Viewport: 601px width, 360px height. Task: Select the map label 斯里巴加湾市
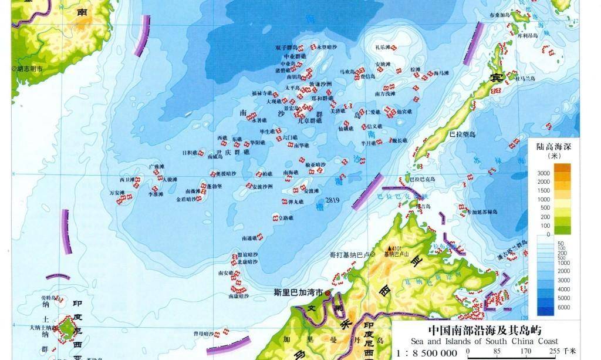[298, 292]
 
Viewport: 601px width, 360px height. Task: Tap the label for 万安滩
[117, 193]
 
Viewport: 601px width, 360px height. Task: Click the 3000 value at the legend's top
[544, 173]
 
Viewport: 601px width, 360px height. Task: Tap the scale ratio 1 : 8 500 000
[427, 352]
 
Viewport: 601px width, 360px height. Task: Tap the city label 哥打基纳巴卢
[349, 255]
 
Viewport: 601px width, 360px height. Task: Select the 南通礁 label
[250, 238]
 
